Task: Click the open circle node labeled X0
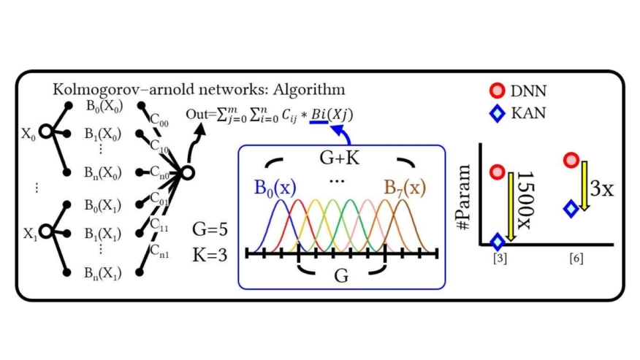[x=45, y=133]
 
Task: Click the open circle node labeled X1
[x=45, y=232]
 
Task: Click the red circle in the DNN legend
[x=497, y=91]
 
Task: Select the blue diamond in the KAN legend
[x=497, y=114]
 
